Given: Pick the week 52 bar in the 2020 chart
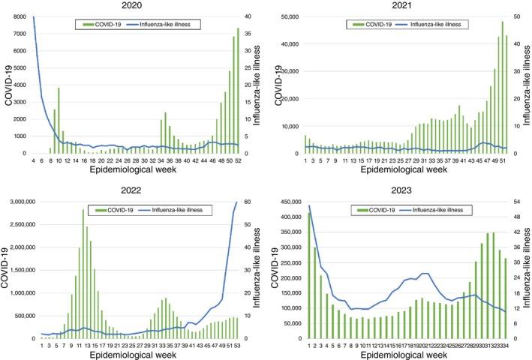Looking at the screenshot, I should tap(238, 91).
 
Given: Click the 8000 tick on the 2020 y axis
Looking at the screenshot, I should tap(20, 16).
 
